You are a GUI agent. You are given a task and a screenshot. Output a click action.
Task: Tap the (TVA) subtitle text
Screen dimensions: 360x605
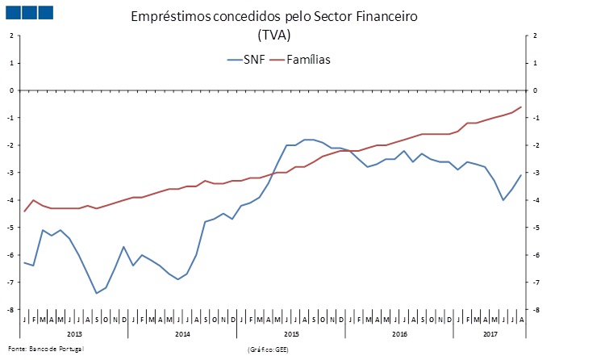point(273,35)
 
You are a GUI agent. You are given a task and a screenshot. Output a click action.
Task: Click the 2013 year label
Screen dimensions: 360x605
point(74,333)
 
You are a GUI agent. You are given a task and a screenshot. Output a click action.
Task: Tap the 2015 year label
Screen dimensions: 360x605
point(291,333)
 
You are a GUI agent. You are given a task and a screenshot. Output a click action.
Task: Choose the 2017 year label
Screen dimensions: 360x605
point(490,333)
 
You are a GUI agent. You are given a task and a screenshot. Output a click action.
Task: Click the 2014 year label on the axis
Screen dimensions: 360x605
point(182,333)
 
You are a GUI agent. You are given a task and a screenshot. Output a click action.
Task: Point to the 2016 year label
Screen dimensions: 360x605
point(399,333)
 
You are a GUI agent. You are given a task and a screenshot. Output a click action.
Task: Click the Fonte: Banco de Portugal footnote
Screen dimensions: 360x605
point(44,348)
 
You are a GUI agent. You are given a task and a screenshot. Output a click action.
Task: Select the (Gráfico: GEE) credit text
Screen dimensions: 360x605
point(269,349)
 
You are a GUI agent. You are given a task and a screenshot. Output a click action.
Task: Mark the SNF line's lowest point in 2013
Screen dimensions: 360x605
point(97,293)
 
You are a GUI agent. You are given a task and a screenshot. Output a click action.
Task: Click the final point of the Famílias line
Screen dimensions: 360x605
point(521,107)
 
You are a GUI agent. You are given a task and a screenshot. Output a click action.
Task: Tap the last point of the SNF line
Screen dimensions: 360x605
point(521,175)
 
